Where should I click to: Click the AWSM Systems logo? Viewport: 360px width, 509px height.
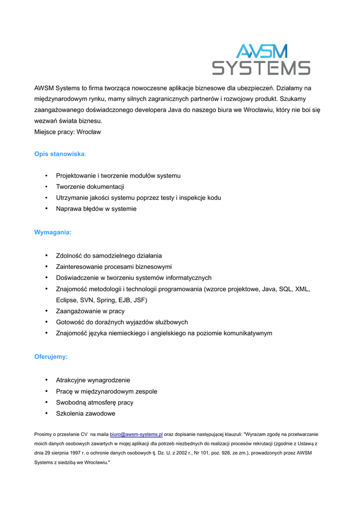(x=261, y=60)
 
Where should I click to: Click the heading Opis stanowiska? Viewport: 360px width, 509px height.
(x=60, y=154)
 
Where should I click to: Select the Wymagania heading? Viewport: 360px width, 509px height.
(x=53, y=232)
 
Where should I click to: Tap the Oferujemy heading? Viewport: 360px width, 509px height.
(x=51, y=357)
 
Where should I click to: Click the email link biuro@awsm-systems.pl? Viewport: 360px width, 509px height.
(x=136, y=434)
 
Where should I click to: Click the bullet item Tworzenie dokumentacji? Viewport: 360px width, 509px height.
(x=90, y=187)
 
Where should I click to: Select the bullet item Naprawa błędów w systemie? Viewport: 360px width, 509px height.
(x=96, y=209)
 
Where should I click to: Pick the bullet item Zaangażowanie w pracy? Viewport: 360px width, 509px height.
(x=90, y=311)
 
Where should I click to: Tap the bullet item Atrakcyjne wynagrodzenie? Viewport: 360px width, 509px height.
(x=93, y=380)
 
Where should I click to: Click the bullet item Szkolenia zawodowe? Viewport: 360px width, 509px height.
(x=86, y=414)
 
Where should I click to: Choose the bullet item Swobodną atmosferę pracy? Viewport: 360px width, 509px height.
(x=94, y=403)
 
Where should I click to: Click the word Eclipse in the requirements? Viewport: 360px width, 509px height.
(x=67, y=300)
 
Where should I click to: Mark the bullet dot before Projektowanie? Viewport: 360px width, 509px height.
(x=46, y=175)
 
